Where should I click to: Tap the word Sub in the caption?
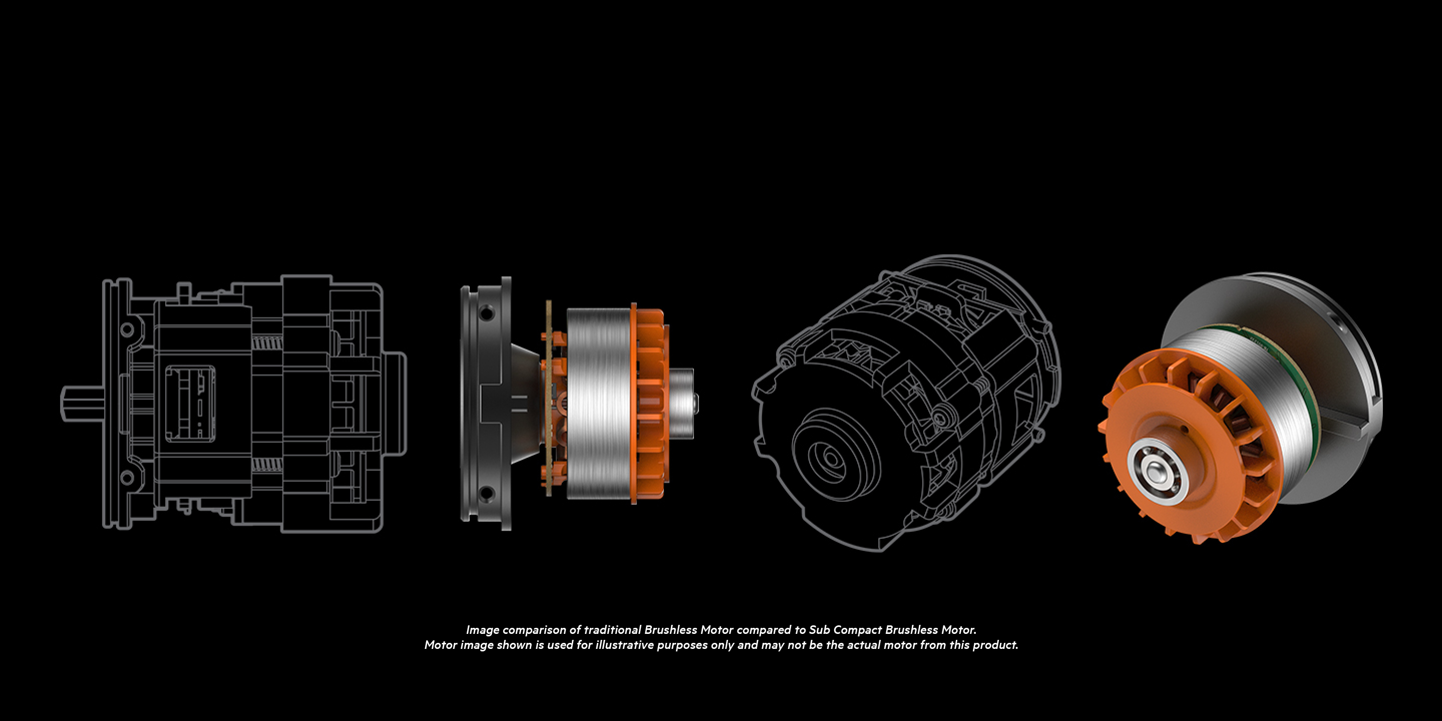[x=819, y=630]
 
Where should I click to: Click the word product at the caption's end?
[x=995, y=645]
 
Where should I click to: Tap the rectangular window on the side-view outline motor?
[x=190, y=403]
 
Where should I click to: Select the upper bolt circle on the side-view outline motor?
[x=127, y=328]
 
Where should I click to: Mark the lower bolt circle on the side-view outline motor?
[x=127, y=478]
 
